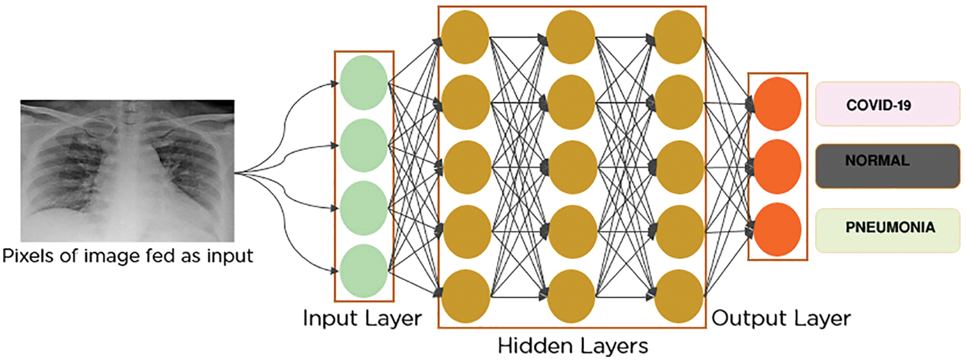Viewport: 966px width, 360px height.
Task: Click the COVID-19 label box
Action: click(887, 104)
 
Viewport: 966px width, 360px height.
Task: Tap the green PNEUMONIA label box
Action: click(887, 228)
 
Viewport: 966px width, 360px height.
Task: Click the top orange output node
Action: click(777, 104)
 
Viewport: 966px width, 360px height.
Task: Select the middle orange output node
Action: click(777, 166)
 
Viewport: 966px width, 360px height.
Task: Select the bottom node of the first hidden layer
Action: click(466, 295)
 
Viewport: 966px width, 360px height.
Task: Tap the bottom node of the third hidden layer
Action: click(679, 295)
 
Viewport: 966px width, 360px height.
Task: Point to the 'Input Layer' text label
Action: click(362, 318)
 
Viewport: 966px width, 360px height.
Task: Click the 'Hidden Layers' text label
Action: click(573, 346)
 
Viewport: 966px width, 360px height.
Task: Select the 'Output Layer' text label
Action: click(781, 318)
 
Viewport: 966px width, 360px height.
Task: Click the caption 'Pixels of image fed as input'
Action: click(127, 257)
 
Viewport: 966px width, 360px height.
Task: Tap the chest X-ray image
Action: click(127, 170)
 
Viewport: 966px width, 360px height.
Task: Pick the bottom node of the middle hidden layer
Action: click(572, 295)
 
